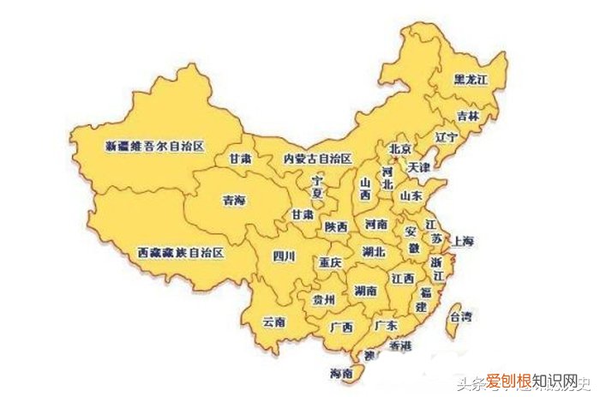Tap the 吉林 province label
(x=469, y=116)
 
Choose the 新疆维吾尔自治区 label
(x=154, y=147)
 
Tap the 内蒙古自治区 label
(x=318, y=159)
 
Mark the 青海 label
(x=233, y=201)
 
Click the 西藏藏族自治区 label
(x=181, y=253)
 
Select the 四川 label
(x=284, y=256)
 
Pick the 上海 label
(x=466, y=241)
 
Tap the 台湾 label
(x=460, y=317)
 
